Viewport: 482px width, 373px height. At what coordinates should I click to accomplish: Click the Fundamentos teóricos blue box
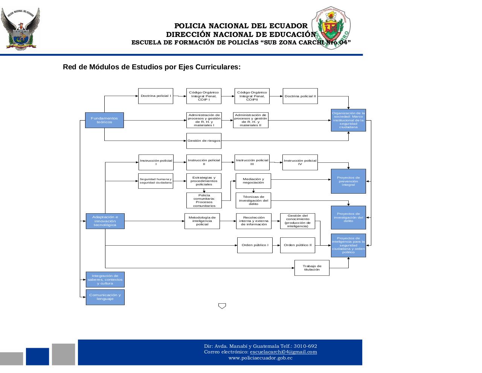coord(104,120)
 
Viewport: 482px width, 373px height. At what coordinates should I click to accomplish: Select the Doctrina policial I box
coord(156,96)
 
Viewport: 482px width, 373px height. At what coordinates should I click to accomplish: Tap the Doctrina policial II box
coord(300,96)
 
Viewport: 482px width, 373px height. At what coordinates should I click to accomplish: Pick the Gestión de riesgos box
coord(204,141)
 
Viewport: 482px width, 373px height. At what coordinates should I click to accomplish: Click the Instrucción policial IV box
coord(300,162)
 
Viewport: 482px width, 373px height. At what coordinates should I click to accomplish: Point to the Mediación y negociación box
coord(253,181)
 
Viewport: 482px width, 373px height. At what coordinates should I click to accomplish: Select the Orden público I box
coord(255,245)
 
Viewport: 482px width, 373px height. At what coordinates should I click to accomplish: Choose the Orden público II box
coord(297,245)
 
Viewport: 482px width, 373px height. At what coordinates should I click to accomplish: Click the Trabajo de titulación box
coord(312,268)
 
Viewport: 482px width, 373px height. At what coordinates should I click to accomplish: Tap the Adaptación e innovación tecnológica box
coord(105,221)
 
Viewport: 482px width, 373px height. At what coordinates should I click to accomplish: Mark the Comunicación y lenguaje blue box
coord(105,297)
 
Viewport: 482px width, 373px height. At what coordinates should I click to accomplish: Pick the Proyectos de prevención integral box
coord(348,181)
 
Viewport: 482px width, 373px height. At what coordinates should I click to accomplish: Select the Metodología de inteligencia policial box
coord(202,221)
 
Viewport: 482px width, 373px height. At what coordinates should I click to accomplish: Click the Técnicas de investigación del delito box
coord(253,200)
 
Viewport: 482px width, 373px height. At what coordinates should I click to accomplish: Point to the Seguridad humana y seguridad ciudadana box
coord(156,181)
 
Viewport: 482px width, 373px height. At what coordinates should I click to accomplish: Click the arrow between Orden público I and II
coord(276,245)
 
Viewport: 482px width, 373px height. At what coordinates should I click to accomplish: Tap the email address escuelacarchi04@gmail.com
coord(283,352)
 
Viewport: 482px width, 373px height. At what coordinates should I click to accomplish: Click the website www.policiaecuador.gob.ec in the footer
coord(260,358)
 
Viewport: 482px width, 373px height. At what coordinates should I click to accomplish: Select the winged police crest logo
coord(20,28)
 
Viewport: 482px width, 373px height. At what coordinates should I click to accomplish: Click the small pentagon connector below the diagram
coord(222,306)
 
